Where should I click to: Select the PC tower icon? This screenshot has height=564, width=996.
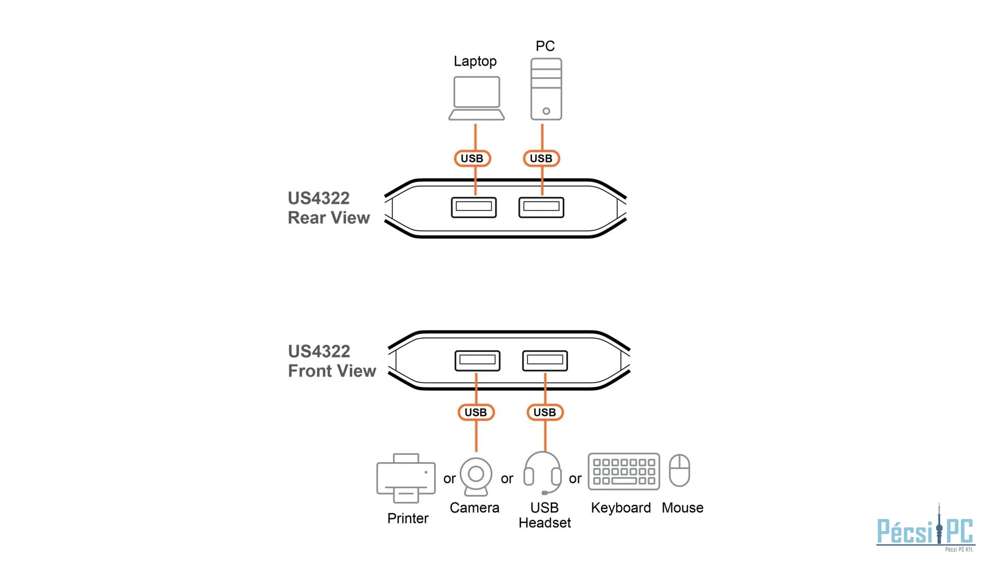(x=546, y=89)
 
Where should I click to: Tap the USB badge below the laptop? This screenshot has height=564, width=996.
(x=472, y=158)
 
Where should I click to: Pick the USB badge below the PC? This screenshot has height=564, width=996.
(x=541, y=158)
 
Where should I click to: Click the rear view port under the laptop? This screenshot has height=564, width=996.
(x=473, y=207)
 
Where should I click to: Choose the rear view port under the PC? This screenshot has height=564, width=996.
(x=541, y=207)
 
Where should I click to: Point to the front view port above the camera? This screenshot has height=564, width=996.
(x=477, y=360)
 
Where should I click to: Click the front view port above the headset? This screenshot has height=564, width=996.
(x=545, y=360)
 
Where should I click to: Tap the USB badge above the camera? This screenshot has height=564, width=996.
(x=476, y=412)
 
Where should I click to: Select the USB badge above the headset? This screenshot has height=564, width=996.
(x=545, y=412)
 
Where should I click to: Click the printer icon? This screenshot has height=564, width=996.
(x=406, y=478)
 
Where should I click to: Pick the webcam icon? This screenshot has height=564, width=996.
(x=476, y=476)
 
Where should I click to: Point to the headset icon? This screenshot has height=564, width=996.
(x=542, y=473)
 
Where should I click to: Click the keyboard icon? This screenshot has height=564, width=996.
(x=623, y=472)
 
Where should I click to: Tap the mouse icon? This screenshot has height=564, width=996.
(x=679, y=470)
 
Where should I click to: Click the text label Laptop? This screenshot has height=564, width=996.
(x=475, y=61)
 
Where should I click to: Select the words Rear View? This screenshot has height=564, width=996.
(x=329, y=218)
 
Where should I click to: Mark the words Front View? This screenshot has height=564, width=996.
(x=332, y=371)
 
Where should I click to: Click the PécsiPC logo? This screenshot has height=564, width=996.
(x=925, y=531)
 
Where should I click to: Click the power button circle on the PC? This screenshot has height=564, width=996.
(x=546, y=111)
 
